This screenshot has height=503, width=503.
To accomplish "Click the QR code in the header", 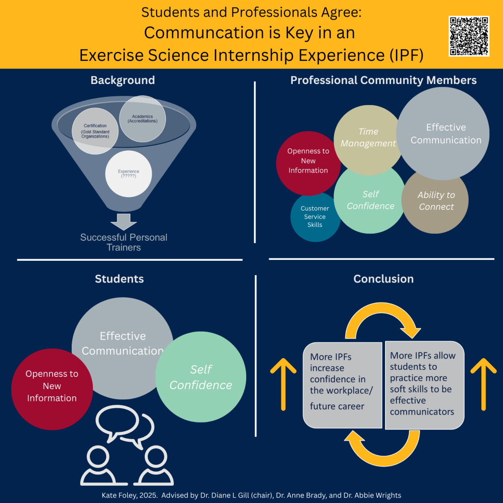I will pyautogui.click(x=469, y=36).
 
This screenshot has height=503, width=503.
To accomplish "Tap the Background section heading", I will pyautogui.click(x=122, y=80).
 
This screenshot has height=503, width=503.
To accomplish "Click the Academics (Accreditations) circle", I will pyautogui.click(x=142, y=118).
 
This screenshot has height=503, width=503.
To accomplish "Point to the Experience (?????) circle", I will pyautogui.click(x=128, y=174).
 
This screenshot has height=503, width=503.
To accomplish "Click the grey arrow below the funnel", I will pyautogui.click(x=123, y=222).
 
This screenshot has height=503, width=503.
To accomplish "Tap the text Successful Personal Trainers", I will pyautogui.click(x=124, y=242).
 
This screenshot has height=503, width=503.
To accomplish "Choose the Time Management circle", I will pyautogui.click(x=368, y=138).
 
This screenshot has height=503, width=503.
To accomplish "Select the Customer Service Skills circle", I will pyautogui.click(x=315, y=217).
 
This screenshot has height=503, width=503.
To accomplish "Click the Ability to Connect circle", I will pyautogui.click(x=435, y=201).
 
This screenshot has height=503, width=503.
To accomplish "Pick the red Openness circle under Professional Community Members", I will pyautogui.click(x=308, y=161).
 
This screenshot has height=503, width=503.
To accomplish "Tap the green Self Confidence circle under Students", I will pyautogui.click(x=200, y=377).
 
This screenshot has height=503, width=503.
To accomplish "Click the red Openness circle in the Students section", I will pyautogui.click(x=52, y=386).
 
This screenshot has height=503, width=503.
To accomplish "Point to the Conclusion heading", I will pyautogui.click(x=383, y=279).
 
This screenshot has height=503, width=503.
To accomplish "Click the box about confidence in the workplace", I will pyautogui.click(x=342, y=384).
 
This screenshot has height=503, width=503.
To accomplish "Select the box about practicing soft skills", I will pyautogui.click(x=424, y=384).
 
